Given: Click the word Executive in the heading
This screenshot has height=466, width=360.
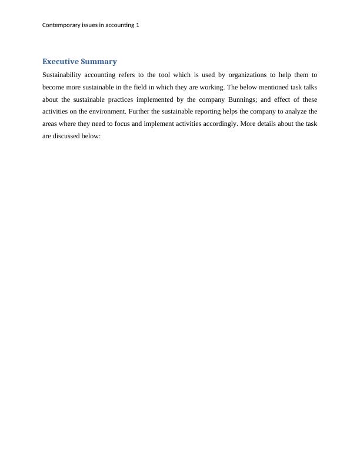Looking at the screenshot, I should coord(60,62).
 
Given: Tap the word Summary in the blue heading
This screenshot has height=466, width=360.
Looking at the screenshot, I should coord(98,62).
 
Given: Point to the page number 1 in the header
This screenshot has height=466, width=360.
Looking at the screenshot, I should coord(137,25).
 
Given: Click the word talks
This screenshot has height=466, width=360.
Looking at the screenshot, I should coord(309,87).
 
